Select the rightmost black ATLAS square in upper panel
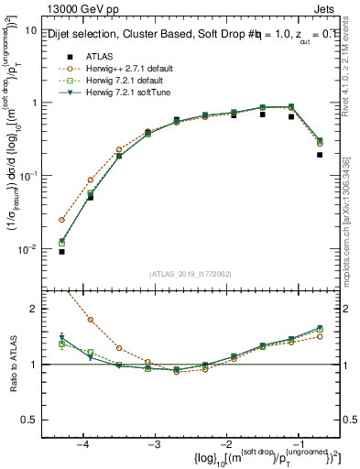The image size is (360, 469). tap(320, 155)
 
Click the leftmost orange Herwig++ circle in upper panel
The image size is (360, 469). tap(61, 220)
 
